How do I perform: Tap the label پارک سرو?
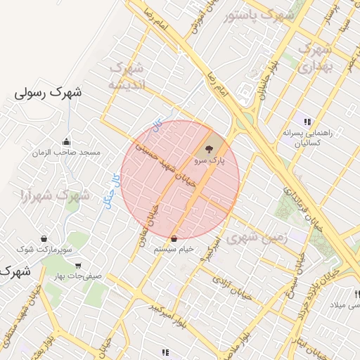click(x=209, y=161)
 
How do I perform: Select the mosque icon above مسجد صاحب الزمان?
click(x=67, y=141)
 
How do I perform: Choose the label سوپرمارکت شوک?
click(x=44, y=250)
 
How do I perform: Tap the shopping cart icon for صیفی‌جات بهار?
click(x=77, y=266)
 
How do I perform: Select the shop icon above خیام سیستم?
click(x=174, y=238)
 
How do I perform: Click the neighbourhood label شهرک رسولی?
click(x=48, y=92)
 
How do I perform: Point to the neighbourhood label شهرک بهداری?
click(x=314, y=58)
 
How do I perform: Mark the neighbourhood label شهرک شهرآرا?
click(x=55, y=195)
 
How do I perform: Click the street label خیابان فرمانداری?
click(x=299, y=204)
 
